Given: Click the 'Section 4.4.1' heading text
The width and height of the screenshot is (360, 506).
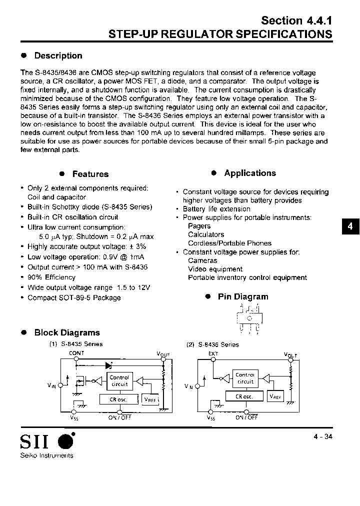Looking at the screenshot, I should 296,20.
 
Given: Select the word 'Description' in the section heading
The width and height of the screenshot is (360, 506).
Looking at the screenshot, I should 58,56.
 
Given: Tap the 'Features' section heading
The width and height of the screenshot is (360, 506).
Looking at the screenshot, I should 90,174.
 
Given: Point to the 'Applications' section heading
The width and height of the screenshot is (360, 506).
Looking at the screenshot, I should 249,173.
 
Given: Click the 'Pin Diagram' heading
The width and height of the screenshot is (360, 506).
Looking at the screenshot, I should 243,297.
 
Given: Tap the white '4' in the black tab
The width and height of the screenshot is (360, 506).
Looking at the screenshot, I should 350,226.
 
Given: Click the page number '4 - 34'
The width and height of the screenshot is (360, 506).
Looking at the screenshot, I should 320,436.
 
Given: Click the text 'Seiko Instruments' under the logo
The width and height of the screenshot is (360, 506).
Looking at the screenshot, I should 46,455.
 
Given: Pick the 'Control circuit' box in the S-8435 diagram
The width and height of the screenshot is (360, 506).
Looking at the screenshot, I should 119,381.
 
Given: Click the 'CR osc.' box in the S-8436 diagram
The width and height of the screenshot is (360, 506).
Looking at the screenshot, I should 245,396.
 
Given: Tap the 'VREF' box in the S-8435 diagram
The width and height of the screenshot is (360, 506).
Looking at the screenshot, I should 150,399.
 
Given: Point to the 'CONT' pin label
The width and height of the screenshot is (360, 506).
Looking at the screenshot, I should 76,353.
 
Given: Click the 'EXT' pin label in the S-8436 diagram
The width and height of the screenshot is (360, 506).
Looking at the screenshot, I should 213,353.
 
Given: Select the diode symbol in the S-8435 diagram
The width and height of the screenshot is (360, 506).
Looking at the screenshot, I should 108,364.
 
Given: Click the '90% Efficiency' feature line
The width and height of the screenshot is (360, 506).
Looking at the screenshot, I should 51,277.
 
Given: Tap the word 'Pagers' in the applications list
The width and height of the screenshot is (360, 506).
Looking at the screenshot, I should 199,226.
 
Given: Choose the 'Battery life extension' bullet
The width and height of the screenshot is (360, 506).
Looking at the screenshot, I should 216,209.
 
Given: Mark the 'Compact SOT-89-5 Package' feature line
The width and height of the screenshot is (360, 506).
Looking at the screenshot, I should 74,298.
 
